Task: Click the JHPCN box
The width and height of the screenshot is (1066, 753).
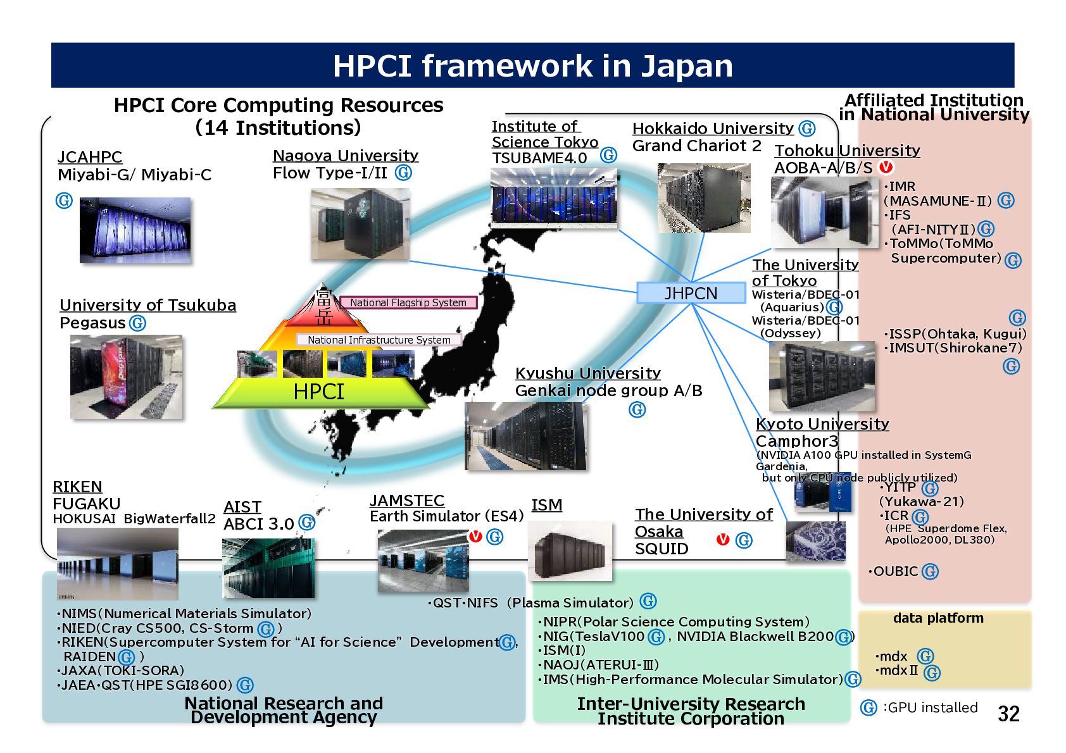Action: (x=691, y=292)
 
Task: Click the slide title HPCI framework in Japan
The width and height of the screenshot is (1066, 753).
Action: (x=532, y=66)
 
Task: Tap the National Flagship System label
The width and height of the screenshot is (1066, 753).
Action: (x=408, y=302)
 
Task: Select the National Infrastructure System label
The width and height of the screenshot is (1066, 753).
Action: (x=379, y=340)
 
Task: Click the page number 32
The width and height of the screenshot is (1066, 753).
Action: (x=1008, y=714)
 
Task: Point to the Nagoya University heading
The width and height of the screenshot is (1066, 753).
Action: (x=346, y=156)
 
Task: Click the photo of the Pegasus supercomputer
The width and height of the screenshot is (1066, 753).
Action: (x=126, y=376)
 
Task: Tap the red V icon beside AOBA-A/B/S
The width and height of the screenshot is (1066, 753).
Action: (x=886, y=167)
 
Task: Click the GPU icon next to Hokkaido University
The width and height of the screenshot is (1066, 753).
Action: (x=806, y=128)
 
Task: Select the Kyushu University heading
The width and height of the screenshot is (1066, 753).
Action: (x=587, y=373)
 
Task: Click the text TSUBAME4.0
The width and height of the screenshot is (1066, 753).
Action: (x=540, y=158)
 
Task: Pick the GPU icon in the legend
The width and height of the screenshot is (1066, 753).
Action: (x=868, y=708)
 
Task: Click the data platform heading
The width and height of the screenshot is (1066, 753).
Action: (x=938, y=618)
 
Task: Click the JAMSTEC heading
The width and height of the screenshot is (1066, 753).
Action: (x=407, y=501)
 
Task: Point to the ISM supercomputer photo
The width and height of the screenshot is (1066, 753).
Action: (x=570, y=551)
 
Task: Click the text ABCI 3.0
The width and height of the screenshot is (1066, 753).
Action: (x=258, y=524)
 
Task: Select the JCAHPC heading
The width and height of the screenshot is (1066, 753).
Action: (x=89, y=157)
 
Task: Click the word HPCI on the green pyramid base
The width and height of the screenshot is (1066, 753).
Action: (x=318, y=392)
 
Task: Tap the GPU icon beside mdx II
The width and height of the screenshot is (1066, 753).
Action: (x=932, y=673)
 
